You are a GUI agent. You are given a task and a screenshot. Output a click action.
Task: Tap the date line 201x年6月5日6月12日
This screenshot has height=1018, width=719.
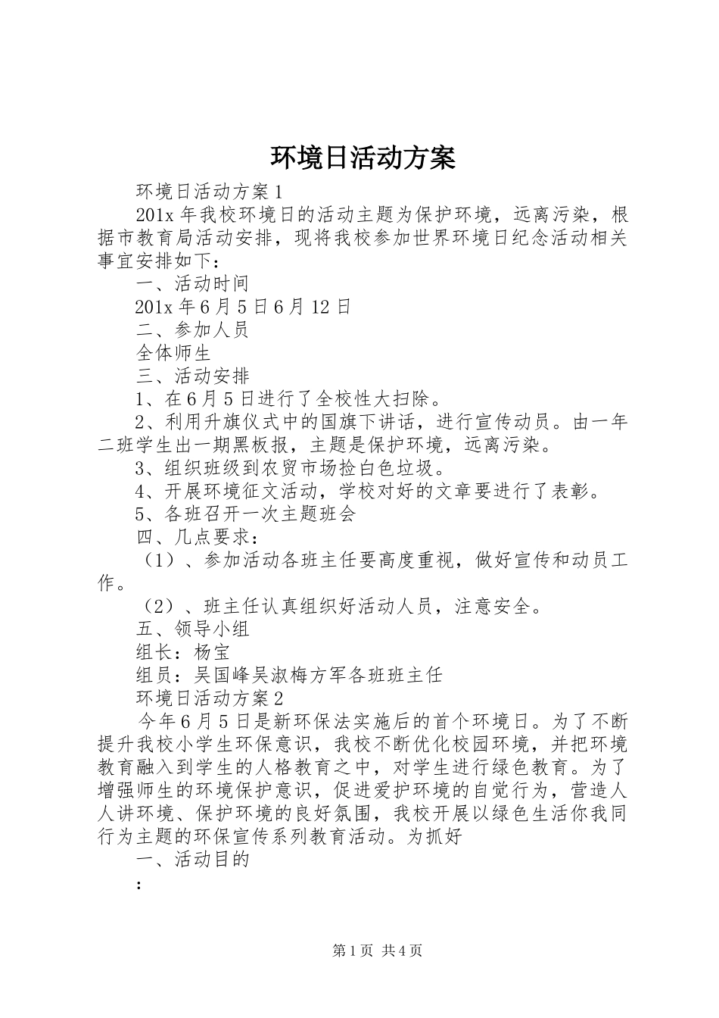tap(243, 307)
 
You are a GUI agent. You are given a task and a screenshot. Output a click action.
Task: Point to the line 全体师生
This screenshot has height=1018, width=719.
tap(173, 353)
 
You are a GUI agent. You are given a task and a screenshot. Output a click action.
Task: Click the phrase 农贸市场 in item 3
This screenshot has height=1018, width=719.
tap(301, 468)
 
